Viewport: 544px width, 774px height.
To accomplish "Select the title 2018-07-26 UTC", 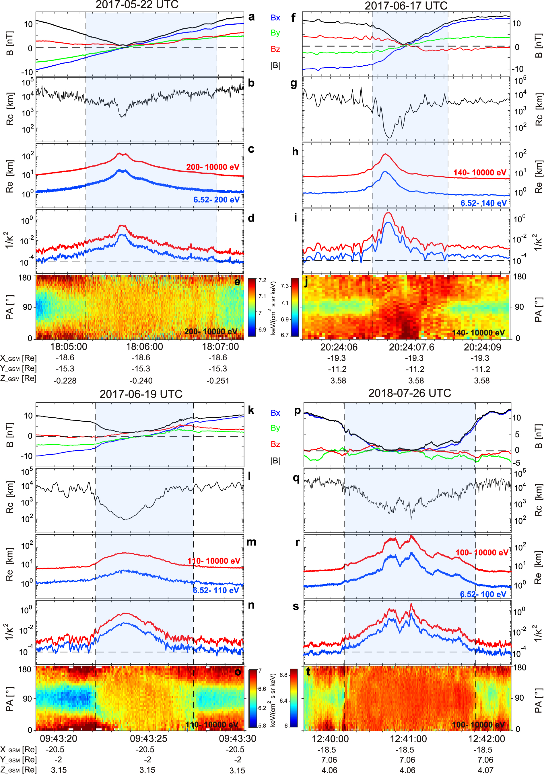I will (x=409, y=393).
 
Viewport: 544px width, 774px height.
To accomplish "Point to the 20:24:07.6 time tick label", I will (x=411, y=347).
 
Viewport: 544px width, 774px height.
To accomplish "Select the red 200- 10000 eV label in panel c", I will (x=213, y=167).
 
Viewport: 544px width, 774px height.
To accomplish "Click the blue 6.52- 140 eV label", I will (x=483, y=203).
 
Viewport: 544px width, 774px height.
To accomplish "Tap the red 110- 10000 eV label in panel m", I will (x=214, y=561).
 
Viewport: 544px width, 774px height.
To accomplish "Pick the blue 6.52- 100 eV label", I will (x=483, y=594).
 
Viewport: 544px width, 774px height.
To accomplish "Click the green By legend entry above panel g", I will (x=275, y=33).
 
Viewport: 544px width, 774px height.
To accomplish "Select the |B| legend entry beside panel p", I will (x=275, y=460).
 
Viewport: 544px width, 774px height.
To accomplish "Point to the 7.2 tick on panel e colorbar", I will (x=262, y=280).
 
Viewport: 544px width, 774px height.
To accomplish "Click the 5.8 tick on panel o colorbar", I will (x=262, y=726).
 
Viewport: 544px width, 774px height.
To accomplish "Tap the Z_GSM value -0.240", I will (x=141, y=381).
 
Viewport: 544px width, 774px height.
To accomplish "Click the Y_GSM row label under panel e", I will (x=18, y=368).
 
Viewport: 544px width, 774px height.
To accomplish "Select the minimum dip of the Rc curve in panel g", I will (x=389, y=138).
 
